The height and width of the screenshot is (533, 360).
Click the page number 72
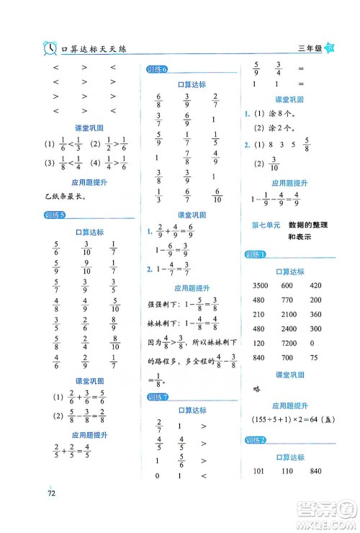point(51,493)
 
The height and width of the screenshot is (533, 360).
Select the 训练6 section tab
point(156,70)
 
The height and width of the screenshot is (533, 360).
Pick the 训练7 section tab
point(156,397)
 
